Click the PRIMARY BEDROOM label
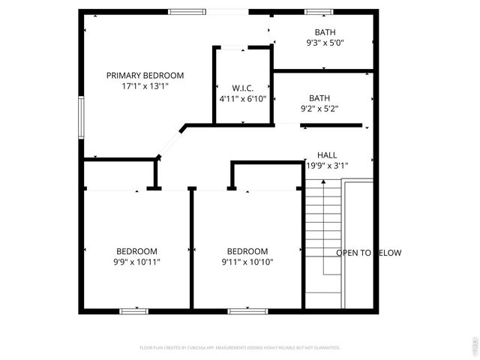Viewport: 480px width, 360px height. coord(145,75)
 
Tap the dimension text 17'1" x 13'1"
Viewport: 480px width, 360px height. coord(145,85)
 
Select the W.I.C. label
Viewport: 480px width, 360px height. coord(241,88)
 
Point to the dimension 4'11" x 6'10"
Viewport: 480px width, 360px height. coord(241,99)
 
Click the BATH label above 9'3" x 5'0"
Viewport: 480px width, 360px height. coord(325,32)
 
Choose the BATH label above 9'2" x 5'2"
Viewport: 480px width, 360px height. coord(319,97)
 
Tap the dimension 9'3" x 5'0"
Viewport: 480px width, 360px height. coord(325,43)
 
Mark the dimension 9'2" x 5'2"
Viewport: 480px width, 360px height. coord(319,108)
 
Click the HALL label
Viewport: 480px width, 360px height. coord(327,155)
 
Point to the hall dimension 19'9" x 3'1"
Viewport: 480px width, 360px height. coord(326,166)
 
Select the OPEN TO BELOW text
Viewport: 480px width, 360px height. coord(368,253)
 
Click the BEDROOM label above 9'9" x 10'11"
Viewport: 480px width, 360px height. coord(136,251)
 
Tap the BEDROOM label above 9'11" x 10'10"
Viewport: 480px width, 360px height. coord(247,251)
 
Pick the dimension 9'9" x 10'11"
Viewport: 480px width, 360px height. coord(136,262)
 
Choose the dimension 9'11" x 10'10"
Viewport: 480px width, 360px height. coord(247,262)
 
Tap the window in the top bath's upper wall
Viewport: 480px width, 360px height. coord(318,12)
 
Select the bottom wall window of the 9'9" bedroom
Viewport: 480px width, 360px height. coord(134,310)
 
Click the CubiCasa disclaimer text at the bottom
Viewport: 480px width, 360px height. coord(240,348)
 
